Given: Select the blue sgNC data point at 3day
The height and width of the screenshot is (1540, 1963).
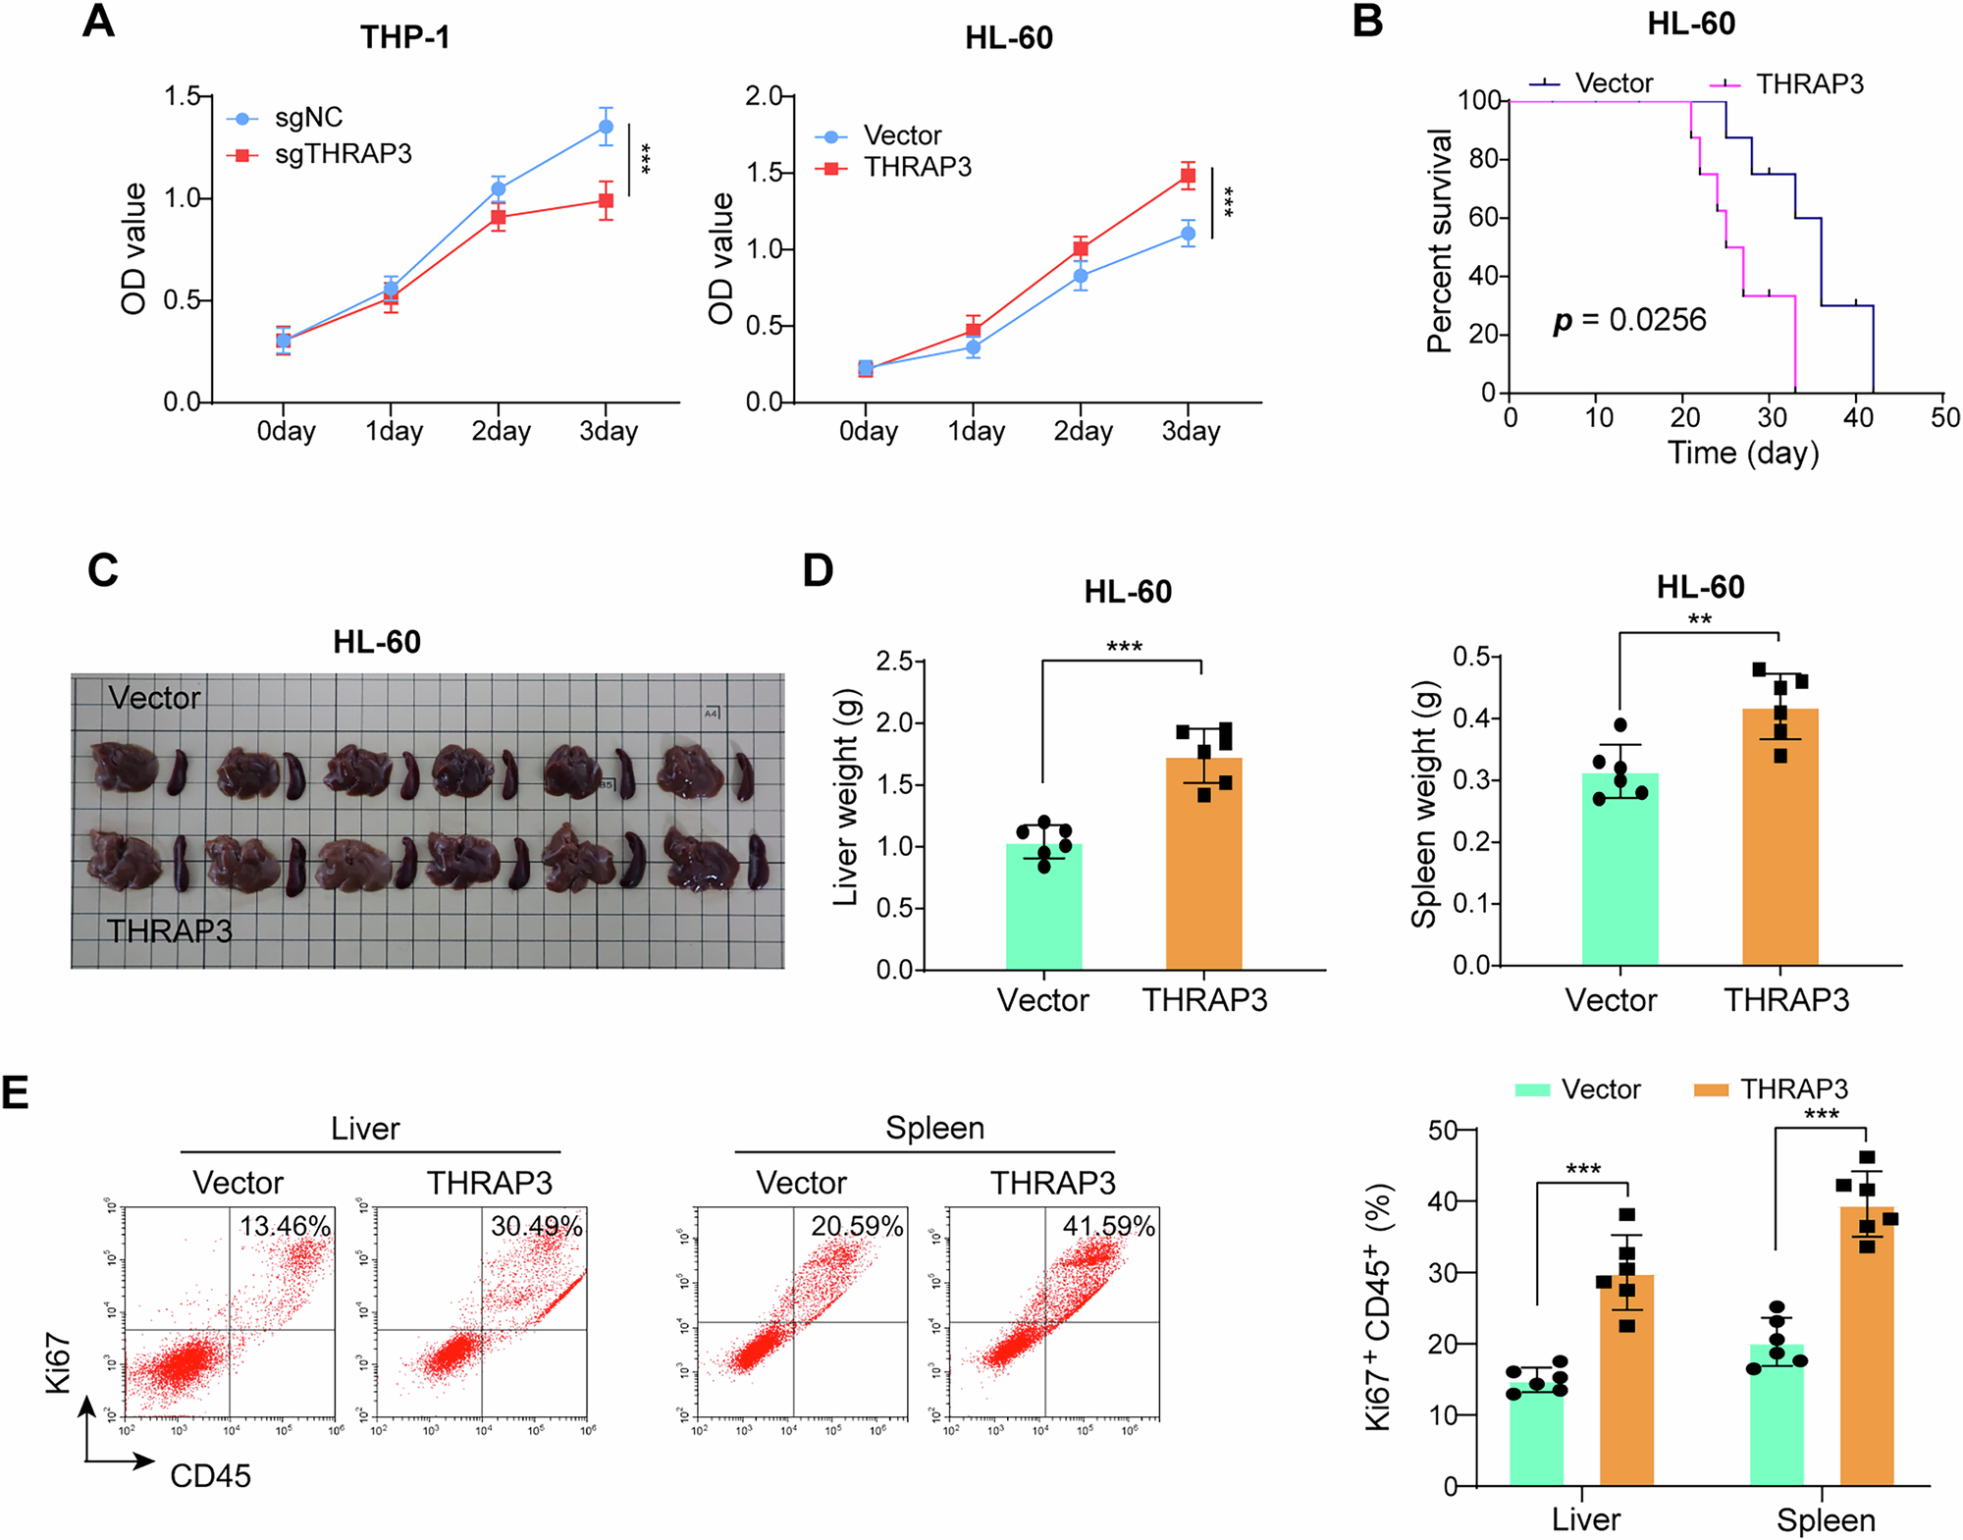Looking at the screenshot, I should [606, 127].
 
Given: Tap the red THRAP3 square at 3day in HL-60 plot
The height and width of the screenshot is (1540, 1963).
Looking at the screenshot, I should [1188, 177].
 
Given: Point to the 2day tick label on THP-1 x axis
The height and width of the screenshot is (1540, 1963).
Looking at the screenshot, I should [501, 431].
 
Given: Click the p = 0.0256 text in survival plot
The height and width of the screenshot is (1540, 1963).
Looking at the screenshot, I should [1629, 320].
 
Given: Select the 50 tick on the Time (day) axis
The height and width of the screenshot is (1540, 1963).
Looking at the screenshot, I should [1944, 418].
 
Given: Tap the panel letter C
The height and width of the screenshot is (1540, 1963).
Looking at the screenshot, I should [103, 570].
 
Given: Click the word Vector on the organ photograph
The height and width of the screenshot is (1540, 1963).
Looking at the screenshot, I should [154, 698].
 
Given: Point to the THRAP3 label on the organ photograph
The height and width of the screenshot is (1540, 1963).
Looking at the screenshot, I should [169, 930].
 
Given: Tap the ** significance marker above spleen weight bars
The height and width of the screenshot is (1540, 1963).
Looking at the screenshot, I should [1699, 619].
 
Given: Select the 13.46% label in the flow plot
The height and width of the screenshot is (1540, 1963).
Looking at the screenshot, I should [285, 1226].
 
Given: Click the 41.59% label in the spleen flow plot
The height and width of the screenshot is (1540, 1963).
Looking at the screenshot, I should [1108, 1226].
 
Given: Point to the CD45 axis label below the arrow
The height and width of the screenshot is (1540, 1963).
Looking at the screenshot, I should [210, 1476].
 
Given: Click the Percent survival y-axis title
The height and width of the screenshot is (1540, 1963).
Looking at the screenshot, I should [1440, 240].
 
